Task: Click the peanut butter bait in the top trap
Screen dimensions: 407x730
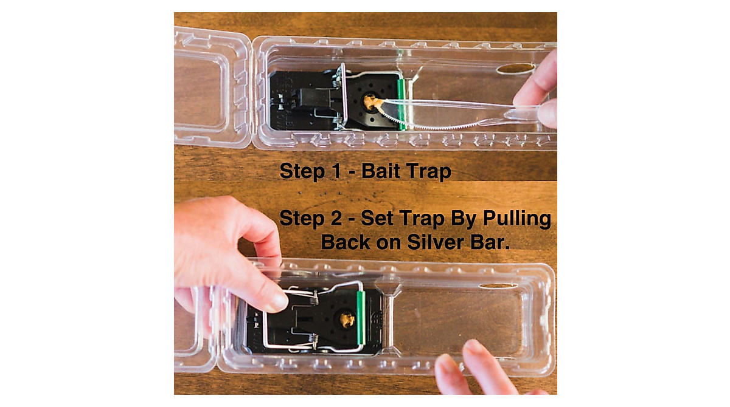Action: (370, 101)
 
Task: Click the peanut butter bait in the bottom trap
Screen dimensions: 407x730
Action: (347, 318)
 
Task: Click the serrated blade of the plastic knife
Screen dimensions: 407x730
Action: (438, 124)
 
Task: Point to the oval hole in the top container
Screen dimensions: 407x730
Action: (515, 69)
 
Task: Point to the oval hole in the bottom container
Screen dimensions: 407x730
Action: (498, 286)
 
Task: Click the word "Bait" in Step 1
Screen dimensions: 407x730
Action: (383, 171)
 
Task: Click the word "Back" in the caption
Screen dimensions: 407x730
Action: (346, 242)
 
